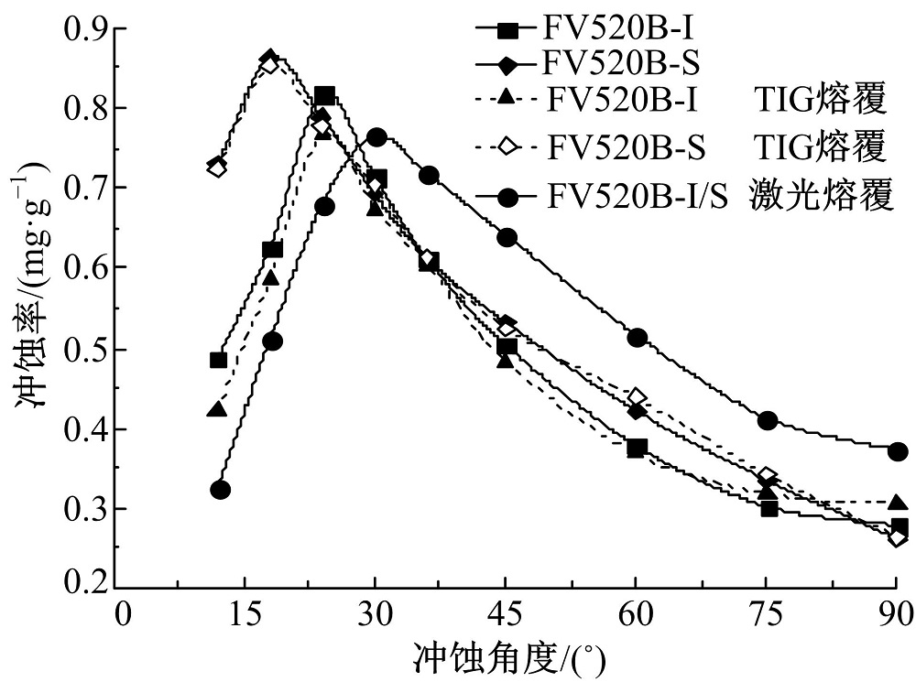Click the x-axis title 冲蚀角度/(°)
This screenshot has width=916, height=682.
tap(507, 657)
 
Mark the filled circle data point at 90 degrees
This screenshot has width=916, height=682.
tap(899, 451)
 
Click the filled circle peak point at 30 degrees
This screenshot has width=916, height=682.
tap(376, 137)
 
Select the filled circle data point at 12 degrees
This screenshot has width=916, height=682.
tap(220, 490)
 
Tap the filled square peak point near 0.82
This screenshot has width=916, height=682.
tap(324, 95)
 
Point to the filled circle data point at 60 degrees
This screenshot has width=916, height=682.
tap(638, 338)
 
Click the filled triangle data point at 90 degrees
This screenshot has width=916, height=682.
tap(899, 503)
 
